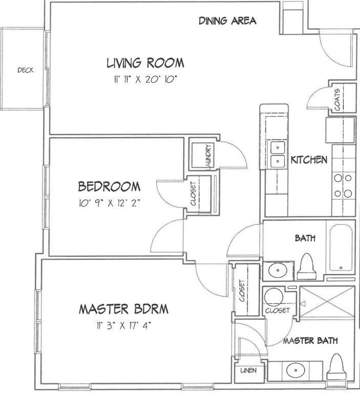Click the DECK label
tap(26, 70)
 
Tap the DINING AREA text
tap(227, 21)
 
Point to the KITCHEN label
tap(309, 160)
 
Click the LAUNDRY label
tap(208, 156)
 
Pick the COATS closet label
tap(337, 99)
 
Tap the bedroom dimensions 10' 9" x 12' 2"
tap(109, 203)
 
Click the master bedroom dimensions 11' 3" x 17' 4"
tap(124, 325)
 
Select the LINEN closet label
tap(248, 370)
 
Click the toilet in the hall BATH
tap(306, 267)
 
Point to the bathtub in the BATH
tap(341, 248)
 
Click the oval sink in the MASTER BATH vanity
tap(295, 370)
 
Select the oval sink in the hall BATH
tap(278, 270)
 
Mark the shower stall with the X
tap(327, 302)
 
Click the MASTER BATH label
tap(310, 341)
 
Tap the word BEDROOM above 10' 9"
tap(109, 187)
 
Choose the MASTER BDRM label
tap(124, 309)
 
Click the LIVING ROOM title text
tap(145, 63)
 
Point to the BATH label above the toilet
tap(305, 238)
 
